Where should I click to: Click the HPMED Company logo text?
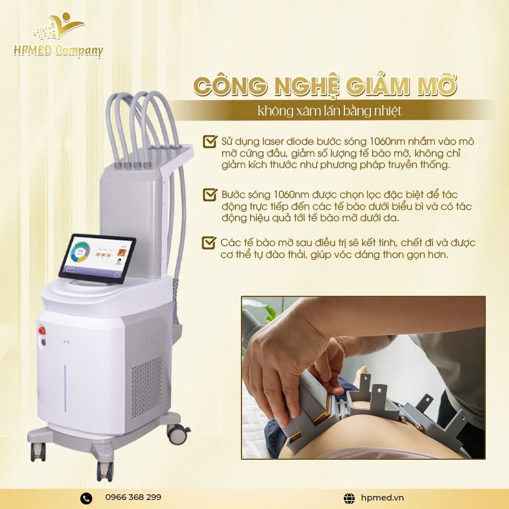tap(58, 50)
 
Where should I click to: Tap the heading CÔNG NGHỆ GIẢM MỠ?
tap(325, 87)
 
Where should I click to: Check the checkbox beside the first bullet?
tap(209, 141)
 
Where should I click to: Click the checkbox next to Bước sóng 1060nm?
tap(209, 195)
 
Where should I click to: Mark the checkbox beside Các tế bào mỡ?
tap(209, 243)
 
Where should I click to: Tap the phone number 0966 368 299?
tap(133, 497)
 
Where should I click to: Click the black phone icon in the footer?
tap(86, 498)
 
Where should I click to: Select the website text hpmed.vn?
tap(382, 498)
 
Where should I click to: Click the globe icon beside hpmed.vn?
tap(350, 498)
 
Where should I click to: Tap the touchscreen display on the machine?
tap(96, 258)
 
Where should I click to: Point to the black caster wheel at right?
tap(178, 434)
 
